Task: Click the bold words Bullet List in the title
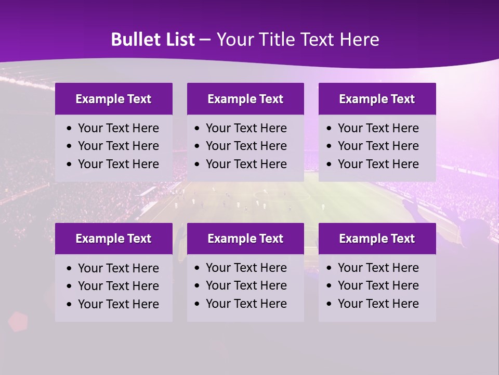[153, 40]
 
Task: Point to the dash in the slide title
[205, 40]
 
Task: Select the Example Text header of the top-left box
[113, 99]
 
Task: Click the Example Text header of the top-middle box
[245, 99]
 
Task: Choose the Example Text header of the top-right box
[377, 99]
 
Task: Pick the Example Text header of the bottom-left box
[113, 239]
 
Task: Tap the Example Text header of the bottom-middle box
[245, 239]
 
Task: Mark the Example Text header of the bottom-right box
[377, 239]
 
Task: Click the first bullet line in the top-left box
[118, 128]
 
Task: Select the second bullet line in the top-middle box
[246, 146]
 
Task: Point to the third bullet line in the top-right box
[378, 164]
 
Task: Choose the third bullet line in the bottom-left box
[118, 304]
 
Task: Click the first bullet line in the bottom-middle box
[246, 268]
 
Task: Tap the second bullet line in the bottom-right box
[378, 285]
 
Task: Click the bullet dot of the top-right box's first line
[329, 129]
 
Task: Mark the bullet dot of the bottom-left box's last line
[69, 305]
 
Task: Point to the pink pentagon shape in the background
[18, 321]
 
